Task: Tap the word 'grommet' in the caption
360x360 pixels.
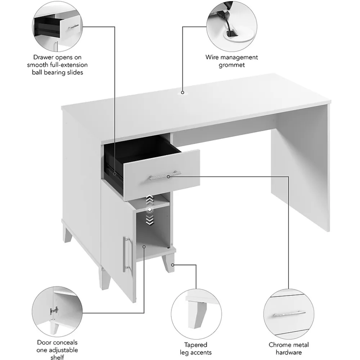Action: coord(231,65)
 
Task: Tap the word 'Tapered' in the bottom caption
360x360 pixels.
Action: coord(195,345)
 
